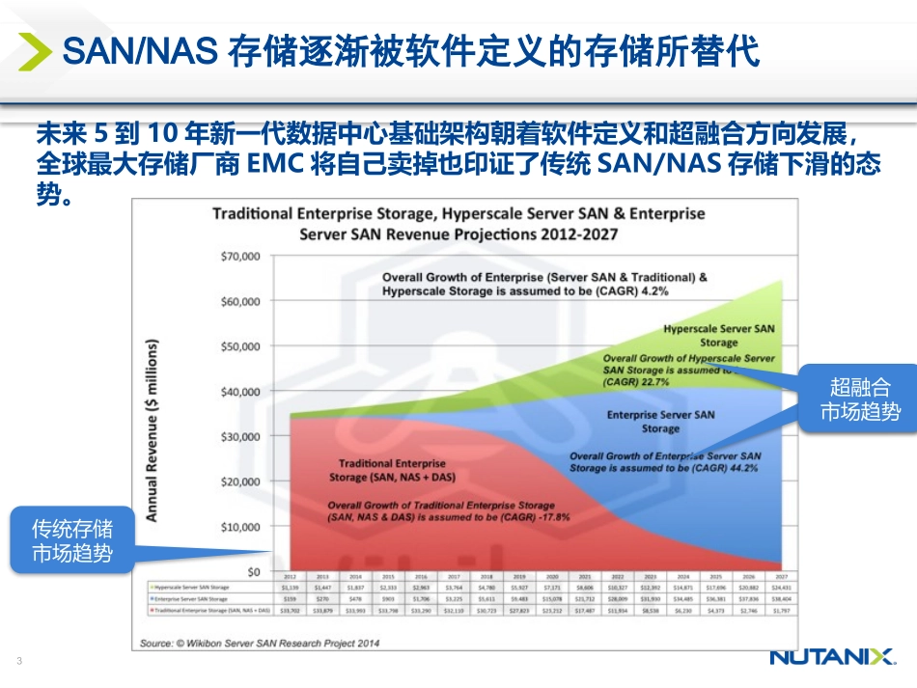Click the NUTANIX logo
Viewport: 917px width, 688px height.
[x=832, y=657]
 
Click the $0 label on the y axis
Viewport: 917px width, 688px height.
[x=252, y=572]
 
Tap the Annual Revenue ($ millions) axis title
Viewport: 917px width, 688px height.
[x=152, y=430]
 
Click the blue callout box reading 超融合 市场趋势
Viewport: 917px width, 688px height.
[x=859, y=399]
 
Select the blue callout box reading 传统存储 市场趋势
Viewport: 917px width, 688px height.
[x=72, y=540]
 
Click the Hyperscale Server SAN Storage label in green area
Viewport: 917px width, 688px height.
[x=718, y=336]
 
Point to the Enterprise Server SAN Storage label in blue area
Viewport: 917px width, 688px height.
[x=660, y=422]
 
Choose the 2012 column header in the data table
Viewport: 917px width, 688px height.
[x=289, y=576]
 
